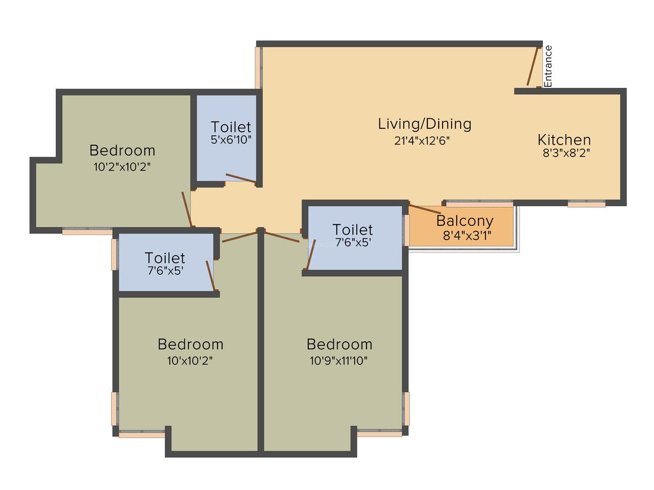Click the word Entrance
(x=548, y=66)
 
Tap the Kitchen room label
(x=564, y=140)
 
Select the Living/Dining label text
(x=425, y=124)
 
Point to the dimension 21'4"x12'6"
(x=422, y=141)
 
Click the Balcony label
(x=465, y=221)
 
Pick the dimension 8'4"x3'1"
(x=467, y=236)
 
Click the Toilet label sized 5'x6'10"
(x=231, y=127)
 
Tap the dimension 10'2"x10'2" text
(x=122, y=167)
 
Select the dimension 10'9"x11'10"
(x=338, y=360)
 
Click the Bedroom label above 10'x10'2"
(x=191, y=344)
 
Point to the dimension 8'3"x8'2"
(x=566, y=153)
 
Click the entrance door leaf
(x=533, y=66)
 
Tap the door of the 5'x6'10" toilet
(x=241, y=178)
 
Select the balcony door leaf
(x=425, y=209)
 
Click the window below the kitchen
(x=586, y=204)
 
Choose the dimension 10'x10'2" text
(x=190, y=360)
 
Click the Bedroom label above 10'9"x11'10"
(x=339, y=344)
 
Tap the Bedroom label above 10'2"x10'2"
(x=122, y=150)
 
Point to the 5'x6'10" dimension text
(x=231, y=140)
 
